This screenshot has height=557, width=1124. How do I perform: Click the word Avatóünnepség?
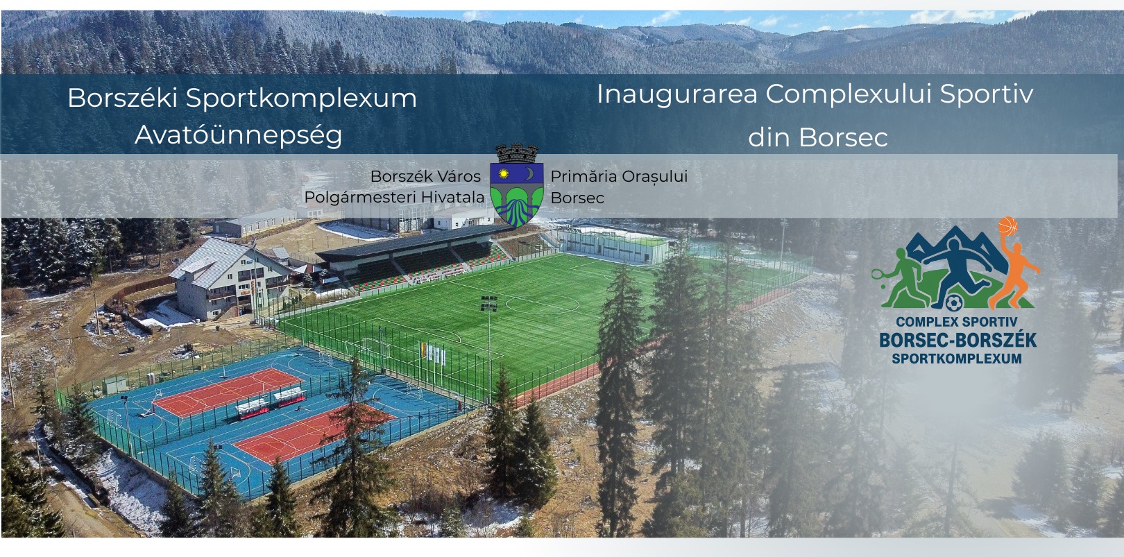coord(239,135)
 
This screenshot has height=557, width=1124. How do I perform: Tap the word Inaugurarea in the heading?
coord(677,94)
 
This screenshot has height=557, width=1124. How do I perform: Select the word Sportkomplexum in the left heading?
coord(301,98)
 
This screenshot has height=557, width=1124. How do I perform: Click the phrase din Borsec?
coord(818,137)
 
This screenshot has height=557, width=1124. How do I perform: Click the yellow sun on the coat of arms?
coord(503,174)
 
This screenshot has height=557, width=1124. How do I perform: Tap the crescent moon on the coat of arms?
coord(529,173)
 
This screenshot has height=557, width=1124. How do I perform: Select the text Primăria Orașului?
coord(619,177)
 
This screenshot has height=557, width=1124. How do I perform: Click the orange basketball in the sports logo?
coord(1007,226)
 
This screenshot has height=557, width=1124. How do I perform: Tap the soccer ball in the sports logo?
coord(953,303)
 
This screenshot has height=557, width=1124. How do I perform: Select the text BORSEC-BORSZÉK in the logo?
coord(957,340)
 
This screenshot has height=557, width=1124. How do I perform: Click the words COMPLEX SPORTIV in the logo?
coord(957,322)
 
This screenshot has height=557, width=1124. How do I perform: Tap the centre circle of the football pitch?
coord(543,304)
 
